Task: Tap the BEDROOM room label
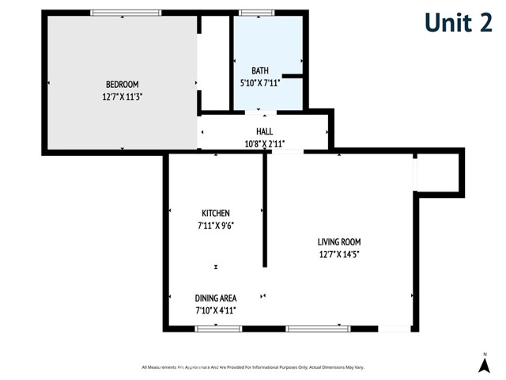[x=122, y=85]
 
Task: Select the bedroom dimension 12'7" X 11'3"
[x=122, y=97]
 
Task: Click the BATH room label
[x=260, y=70]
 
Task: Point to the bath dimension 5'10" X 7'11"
[x=260, y=82]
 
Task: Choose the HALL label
[x=264, y=131]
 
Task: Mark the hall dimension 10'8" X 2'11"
[x=264, y=143]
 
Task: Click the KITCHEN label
[x=216, y=213]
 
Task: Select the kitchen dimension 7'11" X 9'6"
[x=216, y=225]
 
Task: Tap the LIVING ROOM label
[x=339, y=242]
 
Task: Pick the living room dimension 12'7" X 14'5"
[x=339, y=254]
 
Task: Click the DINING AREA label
[x=216, y=298]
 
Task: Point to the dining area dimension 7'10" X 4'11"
[x=216, y=310]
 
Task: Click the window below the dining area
[x=217, y=328]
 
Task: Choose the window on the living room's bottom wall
[x=319, y=328]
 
